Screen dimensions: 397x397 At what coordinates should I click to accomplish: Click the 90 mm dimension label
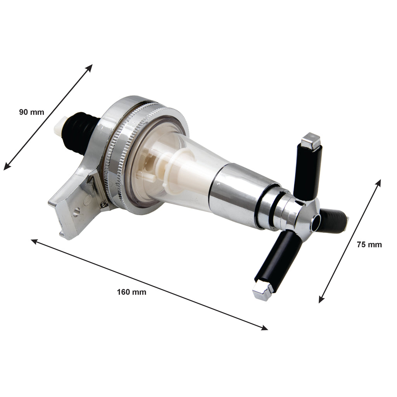[32, 112]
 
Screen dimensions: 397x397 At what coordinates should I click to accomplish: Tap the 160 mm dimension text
[131, 292]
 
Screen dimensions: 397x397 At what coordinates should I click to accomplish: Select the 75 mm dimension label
[369, 245]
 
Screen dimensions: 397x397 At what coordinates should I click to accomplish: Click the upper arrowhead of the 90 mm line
[90, 67]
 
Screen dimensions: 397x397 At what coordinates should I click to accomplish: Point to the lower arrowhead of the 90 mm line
[7, 167]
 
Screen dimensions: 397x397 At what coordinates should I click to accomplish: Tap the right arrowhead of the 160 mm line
[264, 328]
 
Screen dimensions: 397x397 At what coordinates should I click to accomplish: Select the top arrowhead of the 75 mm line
[378, 183]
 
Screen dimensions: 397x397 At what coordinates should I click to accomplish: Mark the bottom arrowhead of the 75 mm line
[321, 300]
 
